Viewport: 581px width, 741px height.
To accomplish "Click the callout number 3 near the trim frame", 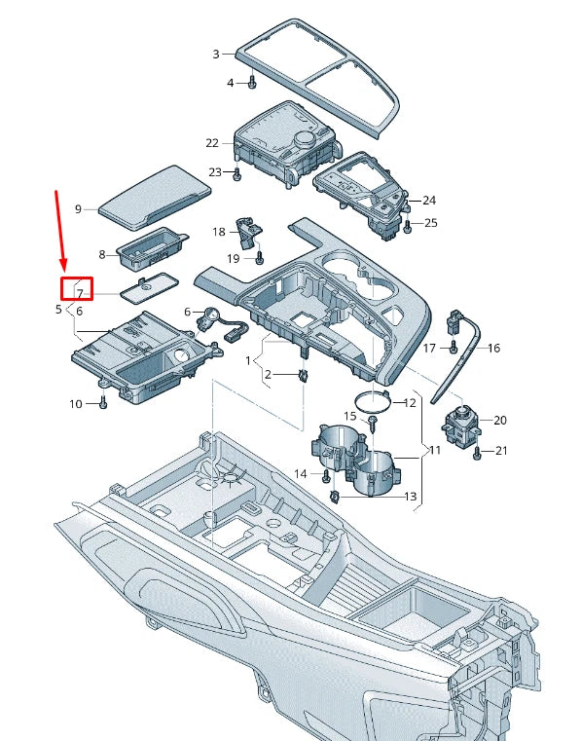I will (x=216, y=55).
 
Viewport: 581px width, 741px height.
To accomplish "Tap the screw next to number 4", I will (x=252, y=83).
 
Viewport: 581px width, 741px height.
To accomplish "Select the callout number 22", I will (x=212, y=143).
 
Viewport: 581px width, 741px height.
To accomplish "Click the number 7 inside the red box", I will (x=81, y=292).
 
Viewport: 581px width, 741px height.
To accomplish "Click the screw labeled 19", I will (x=260, y=258).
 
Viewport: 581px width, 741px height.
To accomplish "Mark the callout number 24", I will (x=429, y=201).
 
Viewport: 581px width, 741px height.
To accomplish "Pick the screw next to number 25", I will (x=408, y=225).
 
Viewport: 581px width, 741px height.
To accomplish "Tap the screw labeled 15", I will (x=373, y=420).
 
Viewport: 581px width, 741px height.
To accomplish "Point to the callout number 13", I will (x=411, y=497).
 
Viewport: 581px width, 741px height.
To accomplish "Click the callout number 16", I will (x=493, y=348).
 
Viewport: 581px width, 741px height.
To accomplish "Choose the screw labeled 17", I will (x=454, y=347).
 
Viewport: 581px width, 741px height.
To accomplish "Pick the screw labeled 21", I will (x=478, y=452).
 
